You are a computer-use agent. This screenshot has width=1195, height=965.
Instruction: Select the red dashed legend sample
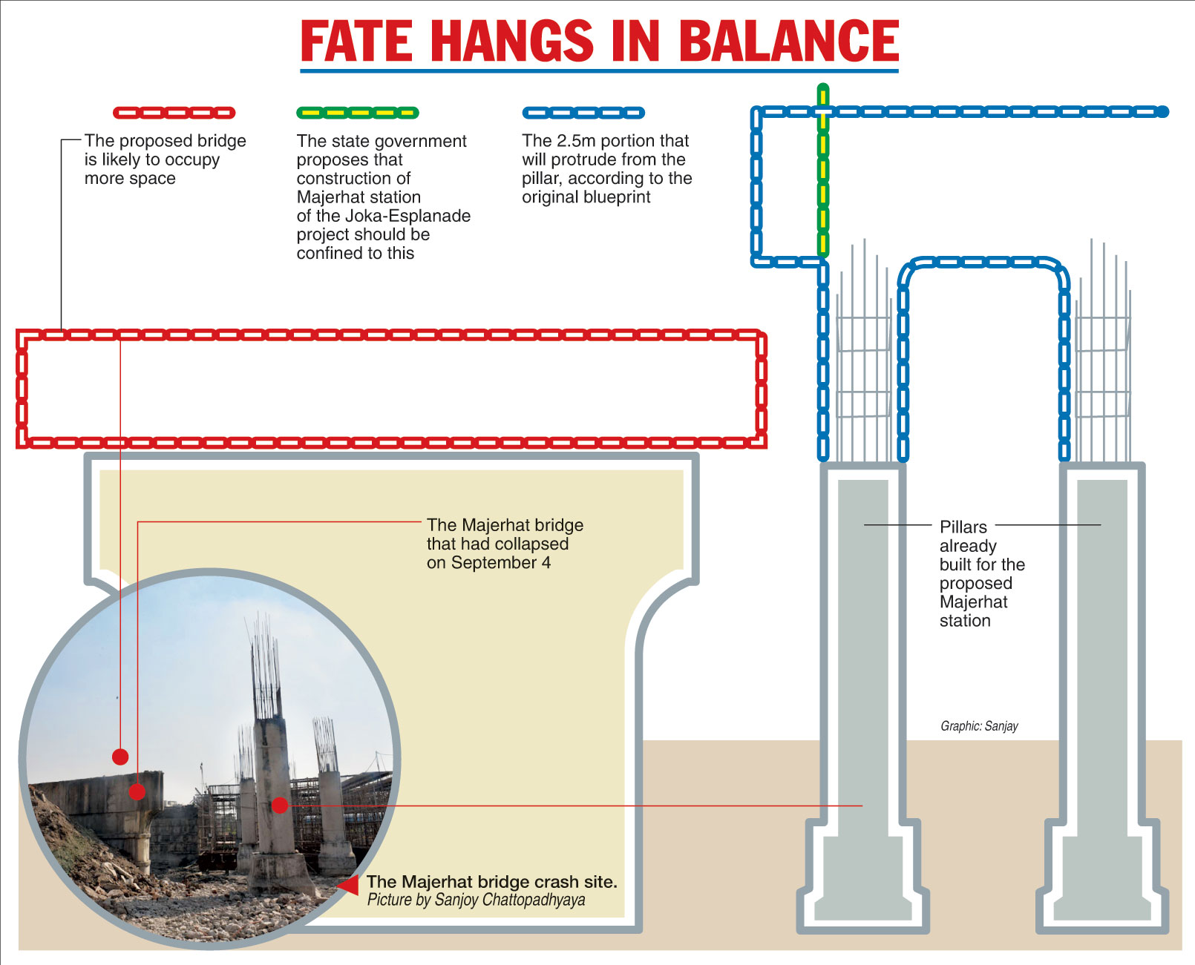pos(174,113)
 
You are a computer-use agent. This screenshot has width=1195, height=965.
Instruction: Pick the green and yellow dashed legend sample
pos(357,113)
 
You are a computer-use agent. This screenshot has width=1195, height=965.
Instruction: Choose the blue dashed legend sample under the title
pos(583,113)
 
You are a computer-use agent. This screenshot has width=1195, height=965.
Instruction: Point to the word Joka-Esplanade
pos(405,216)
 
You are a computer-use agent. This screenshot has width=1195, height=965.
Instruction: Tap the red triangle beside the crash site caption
pos(348,885)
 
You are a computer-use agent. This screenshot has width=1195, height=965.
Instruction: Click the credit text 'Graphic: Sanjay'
pos(979,726)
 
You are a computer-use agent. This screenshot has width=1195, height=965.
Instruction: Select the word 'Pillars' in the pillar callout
pos(963,527)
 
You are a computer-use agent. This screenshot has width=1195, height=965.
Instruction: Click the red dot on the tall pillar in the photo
pos(279,806)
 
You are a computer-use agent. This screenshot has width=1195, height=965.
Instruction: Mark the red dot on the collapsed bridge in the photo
pos(137,791)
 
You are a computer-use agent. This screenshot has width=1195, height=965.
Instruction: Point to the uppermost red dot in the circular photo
pos(120,757)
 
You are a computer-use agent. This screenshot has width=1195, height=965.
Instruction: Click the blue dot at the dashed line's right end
pos(1162,112)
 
